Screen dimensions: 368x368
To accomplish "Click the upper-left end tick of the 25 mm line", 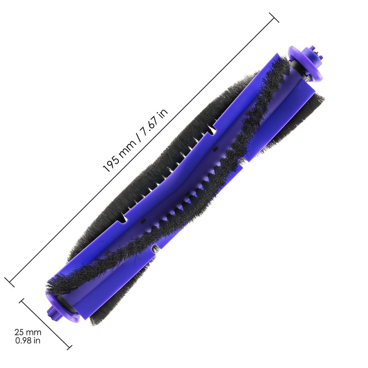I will coord(22,300).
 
